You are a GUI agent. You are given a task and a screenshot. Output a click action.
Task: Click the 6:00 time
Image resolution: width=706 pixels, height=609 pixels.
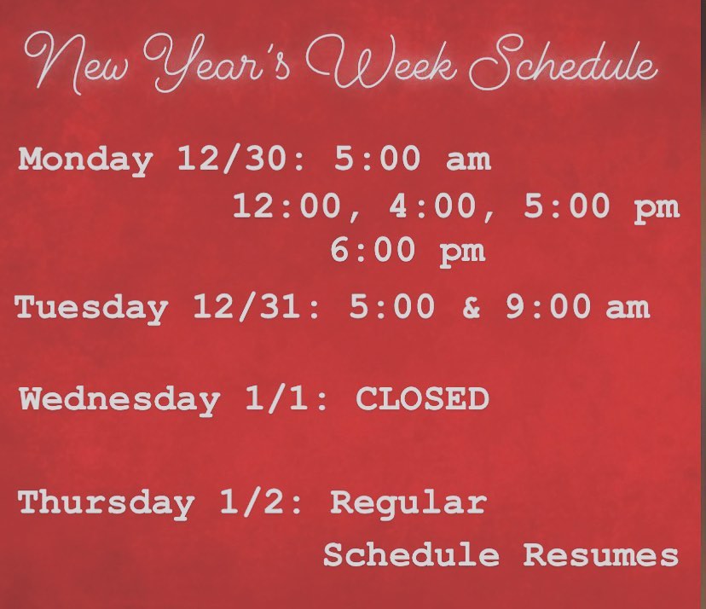click(x=373, y=250)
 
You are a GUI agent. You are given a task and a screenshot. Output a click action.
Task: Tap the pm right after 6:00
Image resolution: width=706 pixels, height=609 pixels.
click(x=462, y=252)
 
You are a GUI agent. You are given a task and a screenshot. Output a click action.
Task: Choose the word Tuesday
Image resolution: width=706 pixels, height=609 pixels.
click(x=91, y=308)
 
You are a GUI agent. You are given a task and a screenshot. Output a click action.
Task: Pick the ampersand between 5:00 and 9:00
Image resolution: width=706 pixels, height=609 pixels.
click(x=471, y=307)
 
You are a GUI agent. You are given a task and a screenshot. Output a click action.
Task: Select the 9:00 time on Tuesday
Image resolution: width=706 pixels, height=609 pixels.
click(x=548, y=306)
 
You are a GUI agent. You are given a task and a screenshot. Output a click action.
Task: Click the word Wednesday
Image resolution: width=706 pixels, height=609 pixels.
click(x=119, y=400)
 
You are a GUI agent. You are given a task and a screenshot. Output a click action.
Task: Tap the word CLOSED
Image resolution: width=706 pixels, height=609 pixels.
click(x=422, y=398)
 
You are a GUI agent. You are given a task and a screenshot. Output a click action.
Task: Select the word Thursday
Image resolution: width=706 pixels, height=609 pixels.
click(x=107, y=503)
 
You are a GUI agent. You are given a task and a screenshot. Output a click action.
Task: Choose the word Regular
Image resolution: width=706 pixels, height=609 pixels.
click(x=408, y=503)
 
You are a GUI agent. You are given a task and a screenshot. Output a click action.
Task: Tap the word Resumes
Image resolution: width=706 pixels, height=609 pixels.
click(x=601, y=554)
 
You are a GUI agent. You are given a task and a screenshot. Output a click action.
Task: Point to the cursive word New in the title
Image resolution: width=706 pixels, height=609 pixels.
click(x=76, y=62)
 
